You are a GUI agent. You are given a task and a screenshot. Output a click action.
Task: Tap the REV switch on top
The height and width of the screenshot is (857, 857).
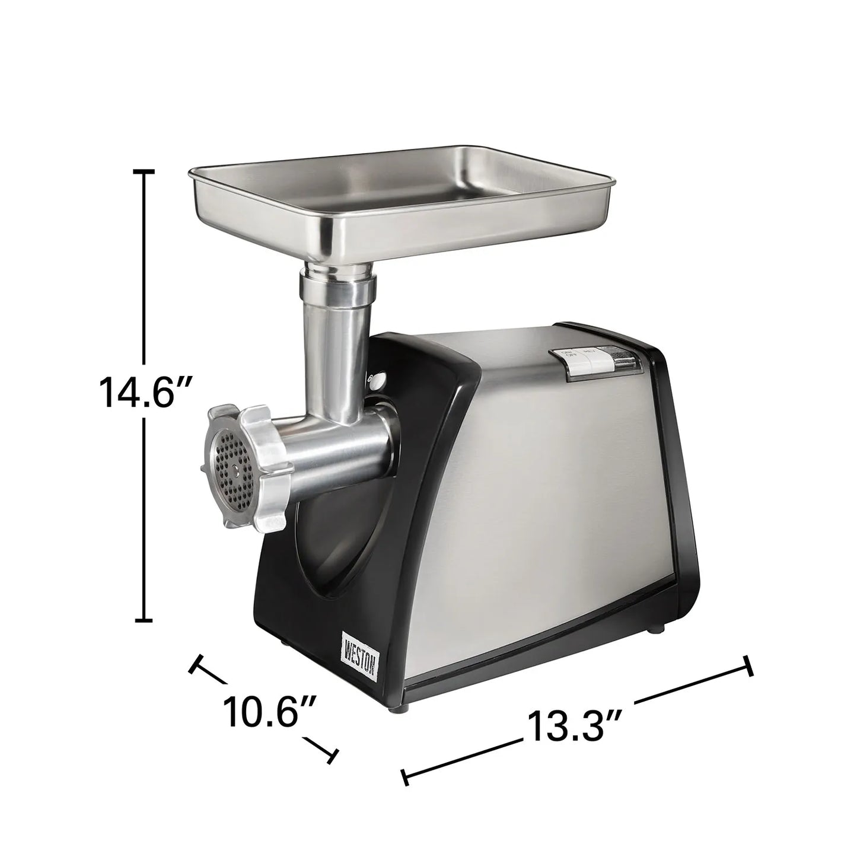pos(590,357)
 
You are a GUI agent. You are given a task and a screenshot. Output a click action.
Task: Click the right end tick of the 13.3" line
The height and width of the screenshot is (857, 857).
pos(748,666)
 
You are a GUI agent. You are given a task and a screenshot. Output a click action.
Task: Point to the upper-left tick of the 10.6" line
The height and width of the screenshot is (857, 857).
pos(196,663)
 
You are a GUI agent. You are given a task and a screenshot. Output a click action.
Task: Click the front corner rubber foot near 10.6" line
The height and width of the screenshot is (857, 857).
pos(405,708)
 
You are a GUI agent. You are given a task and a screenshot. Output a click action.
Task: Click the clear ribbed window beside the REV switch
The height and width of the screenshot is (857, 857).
pos(619,358)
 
